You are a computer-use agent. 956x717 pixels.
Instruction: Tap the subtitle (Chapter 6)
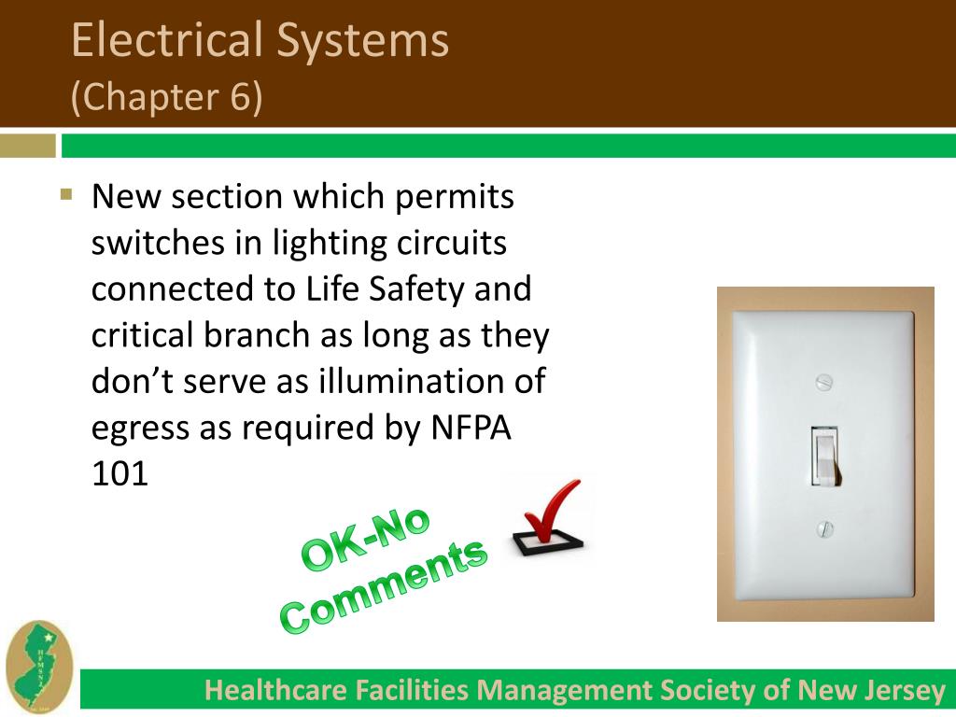coord(167,97)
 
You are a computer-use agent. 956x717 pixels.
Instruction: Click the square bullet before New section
coord(65,195)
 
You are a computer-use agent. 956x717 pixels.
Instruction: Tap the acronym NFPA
coord(471,429)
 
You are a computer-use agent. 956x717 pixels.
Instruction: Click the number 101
coord(119,474)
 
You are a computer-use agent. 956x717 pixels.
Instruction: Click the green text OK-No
coord(366,540)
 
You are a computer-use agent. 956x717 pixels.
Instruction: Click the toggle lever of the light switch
coord(824,456)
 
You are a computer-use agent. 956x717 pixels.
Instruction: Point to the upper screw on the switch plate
coord(823,381)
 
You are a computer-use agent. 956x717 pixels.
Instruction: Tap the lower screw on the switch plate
coord(824,529)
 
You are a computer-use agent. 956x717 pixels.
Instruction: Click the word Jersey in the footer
coord(903,691)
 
